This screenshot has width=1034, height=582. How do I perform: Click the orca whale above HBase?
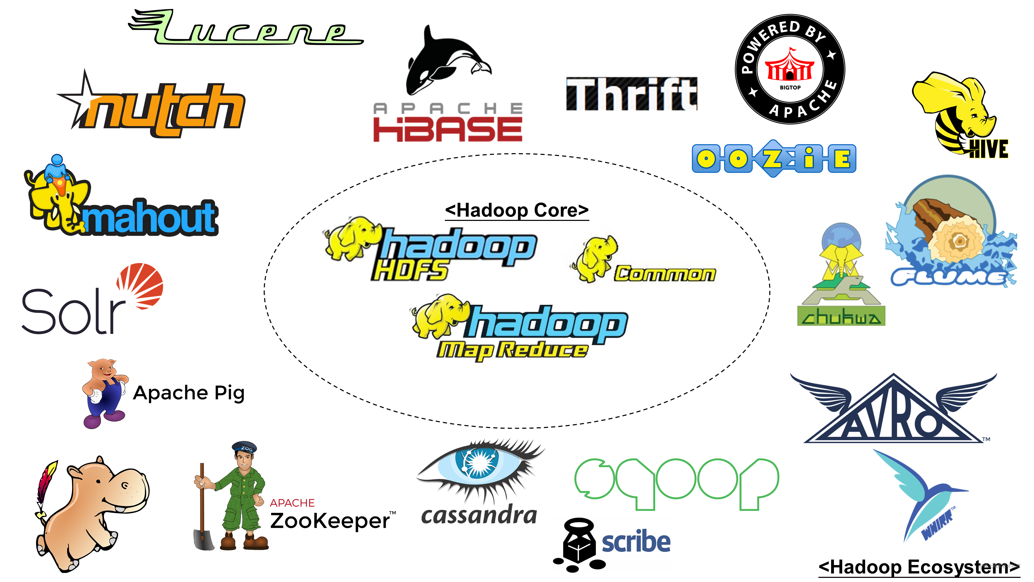tap(442, 60)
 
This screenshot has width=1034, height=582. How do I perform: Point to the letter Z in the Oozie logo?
tap(773, 159)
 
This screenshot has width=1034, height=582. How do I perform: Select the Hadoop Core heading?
tap(516, 210)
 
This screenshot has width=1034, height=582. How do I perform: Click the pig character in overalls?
tap(104, 392)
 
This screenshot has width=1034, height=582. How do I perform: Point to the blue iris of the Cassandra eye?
tap(478, 462)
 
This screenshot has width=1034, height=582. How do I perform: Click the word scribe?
tap(636, 542)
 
